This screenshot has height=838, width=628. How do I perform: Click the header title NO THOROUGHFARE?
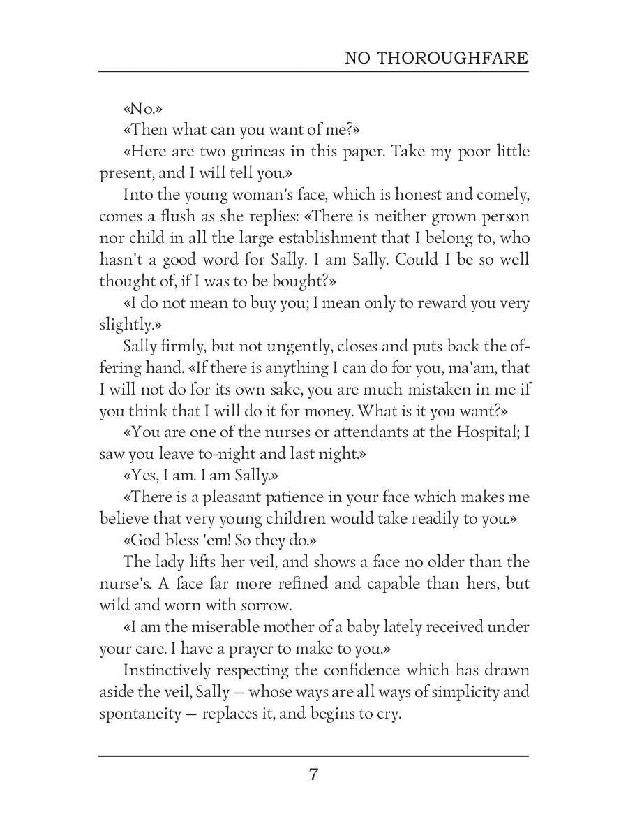[436, 58]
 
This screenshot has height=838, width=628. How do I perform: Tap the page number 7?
[313, 774]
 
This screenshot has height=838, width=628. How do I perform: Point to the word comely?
[500, 195]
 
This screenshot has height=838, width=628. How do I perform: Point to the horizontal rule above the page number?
[313, 756]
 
